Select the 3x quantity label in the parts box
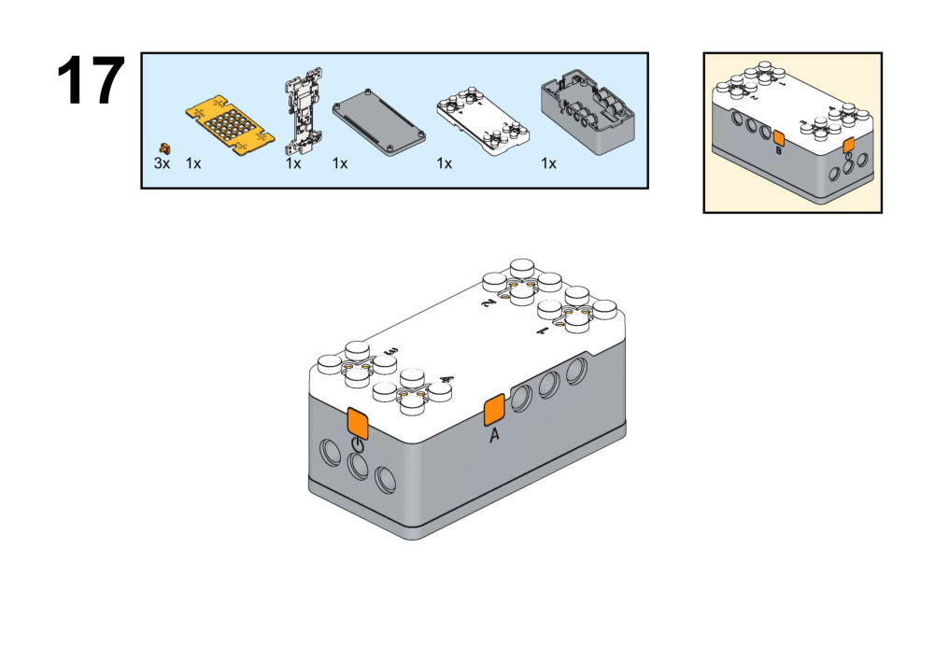coord(163,163)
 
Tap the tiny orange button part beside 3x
coord(165,148)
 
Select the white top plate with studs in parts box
coord(482,116)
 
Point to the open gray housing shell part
coord(588,113)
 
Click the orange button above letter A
coord(493,409)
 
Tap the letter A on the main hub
coord(494,434)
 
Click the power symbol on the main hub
coord(357,445)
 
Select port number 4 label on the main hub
coord(446,379)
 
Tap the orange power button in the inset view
coord(848,146)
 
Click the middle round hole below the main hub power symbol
coord(357,466)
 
